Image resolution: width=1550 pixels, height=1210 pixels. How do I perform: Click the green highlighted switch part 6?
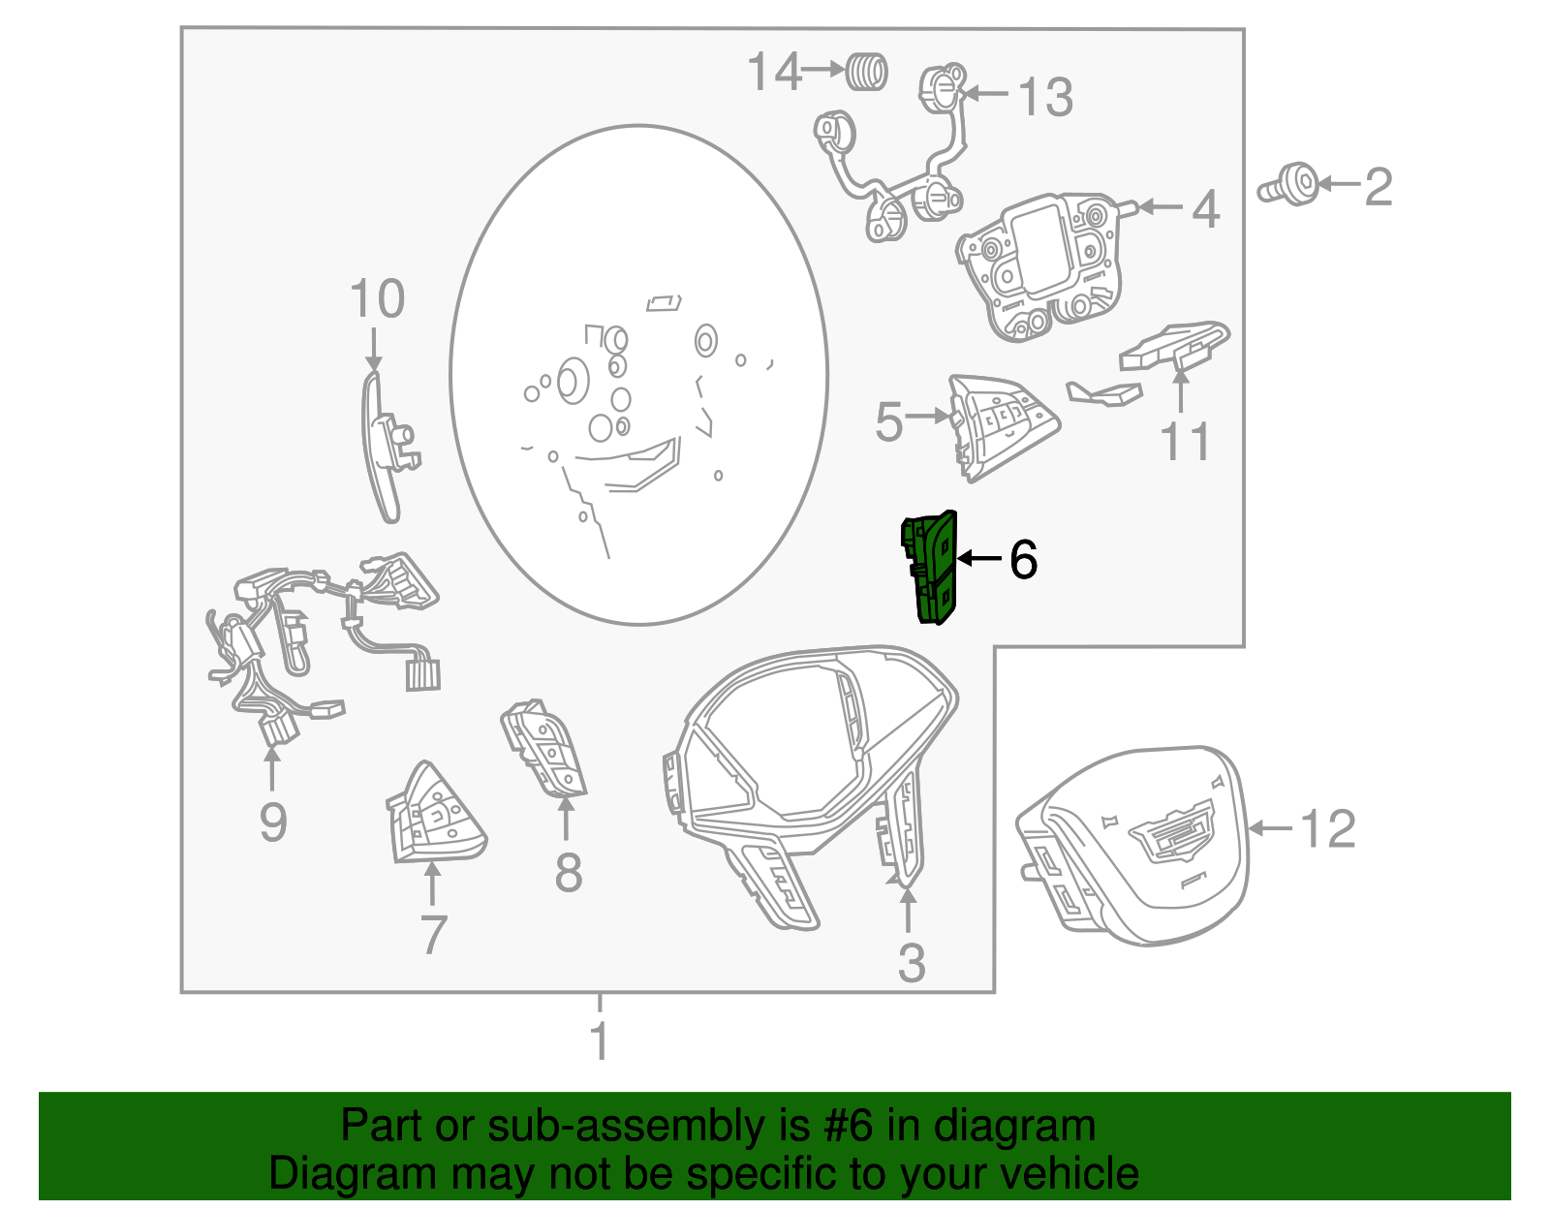929,567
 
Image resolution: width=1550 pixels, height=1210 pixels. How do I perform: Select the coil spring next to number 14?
867,72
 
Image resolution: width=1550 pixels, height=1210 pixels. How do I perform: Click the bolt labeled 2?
1288,185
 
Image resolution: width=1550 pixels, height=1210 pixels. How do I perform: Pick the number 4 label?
1205,209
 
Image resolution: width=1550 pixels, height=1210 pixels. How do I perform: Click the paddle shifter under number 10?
388,447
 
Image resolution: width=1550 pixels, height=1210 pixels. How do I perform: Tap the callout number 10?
378,298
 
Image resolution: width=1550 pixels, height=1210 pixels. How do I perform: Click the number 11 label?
1185,442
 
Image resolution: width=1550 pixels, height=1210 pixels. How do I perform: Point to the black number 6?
1023,559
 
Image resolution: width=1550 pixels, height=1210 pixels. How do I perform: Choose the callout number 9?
273,822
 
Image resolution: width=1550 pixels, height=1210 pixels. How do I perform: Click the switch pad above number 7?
435,812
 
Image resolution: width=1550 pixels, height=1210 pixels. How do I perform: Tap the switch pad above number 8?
542,748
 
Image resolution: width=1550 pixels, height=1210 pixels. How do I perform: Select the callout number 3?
912,963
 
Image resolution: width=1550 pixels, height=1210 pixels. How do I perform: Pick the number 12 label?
1327,828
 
